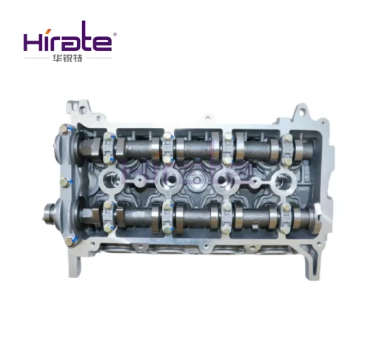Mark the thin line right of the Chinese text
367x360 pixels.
point(99,58)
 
